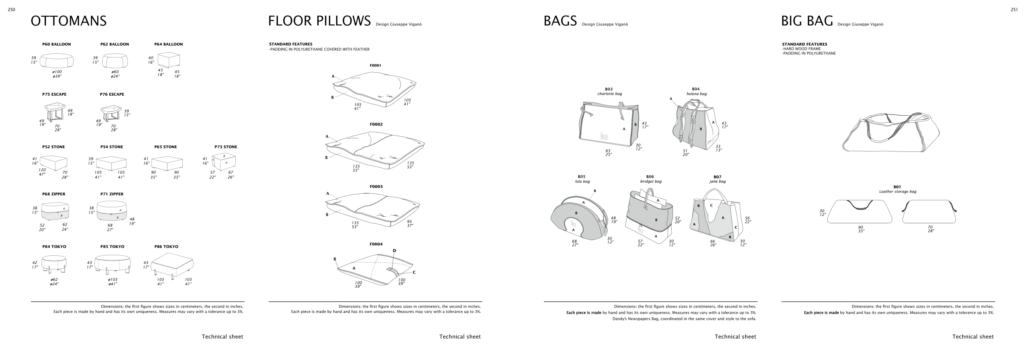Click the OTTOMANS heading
coord(69,21)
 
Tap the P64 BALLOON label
coord(168,44)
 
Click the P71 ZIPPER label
coord(112,194)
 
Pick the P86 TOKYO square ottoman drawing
coord(172,266)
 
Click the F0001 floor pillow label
coord(375,65)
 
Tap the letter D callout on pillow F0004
coord(394,250)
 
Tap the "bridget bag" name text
coord(651,181)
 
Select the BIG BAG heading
coord(807,21)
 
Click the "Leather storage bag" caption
coord(897,192)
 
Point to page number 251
coord(1014,10)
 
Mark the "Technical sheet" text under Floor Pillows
coord(460,337)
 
